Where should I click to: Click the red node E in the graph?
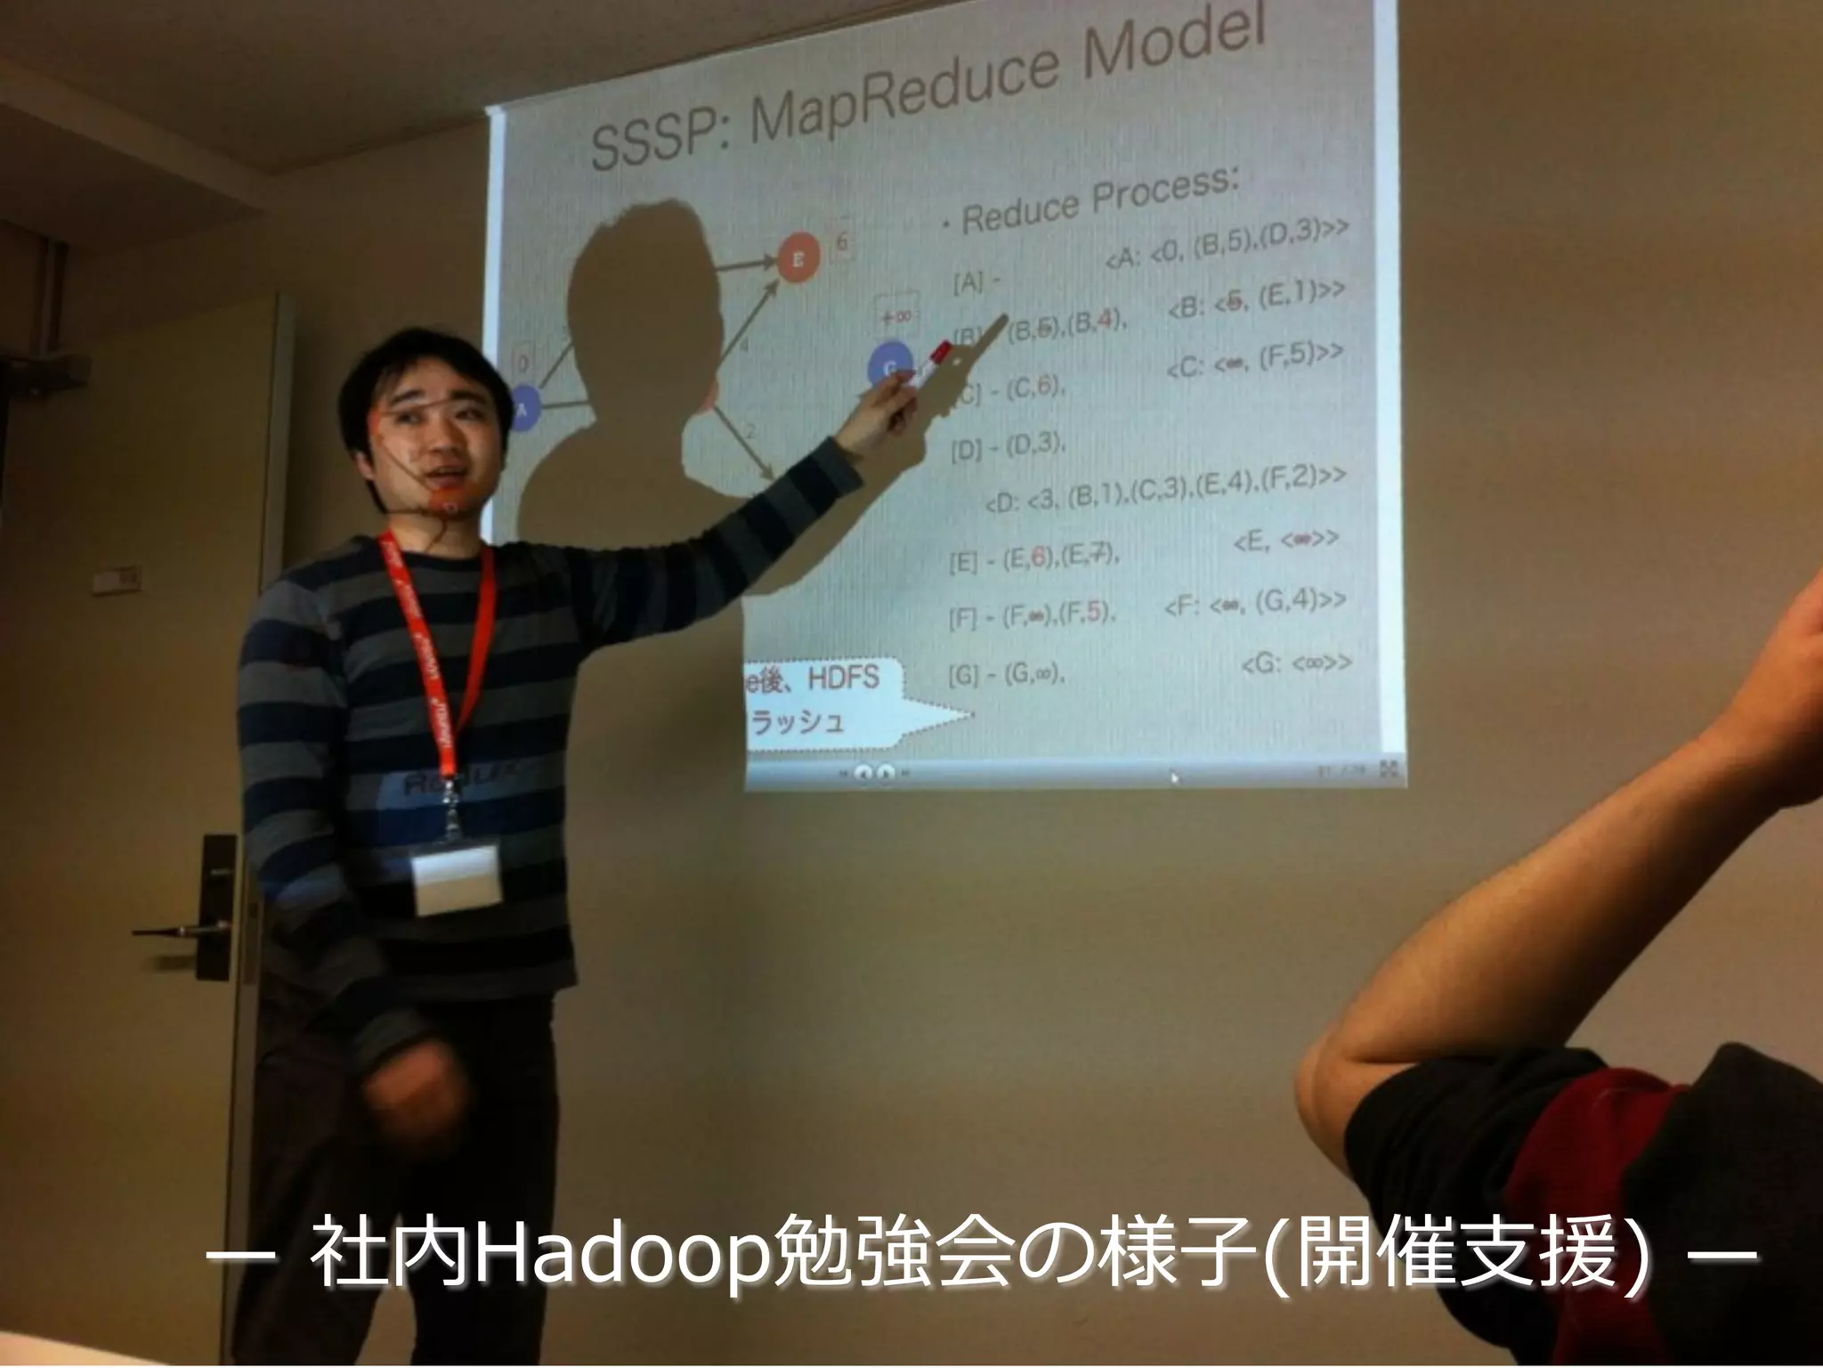(798, 258)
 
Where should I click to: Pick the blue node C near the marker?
(888, 367)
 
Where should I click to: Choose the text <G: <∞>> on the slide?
(1294, 663)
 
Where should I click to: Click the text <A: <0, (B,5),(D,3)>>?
(1228, 245)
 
